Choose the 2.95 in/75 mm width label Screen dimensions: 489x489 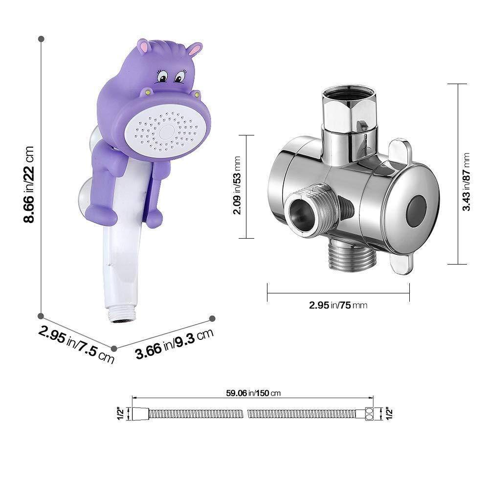pyautogui.click(x=338, y=305)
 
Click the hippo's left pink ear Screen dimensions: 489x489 pyautogui.click(x=143, y=47)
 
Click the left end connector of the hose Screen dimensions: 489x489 pyautogui.click(x=139, y=414)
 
